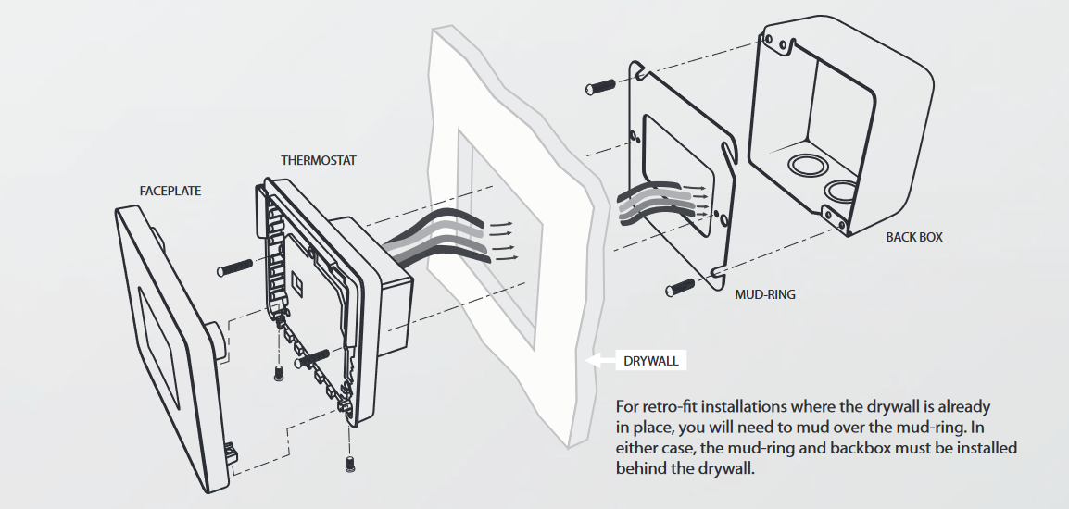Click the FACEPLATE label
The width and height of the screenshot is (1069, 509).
[170, 192]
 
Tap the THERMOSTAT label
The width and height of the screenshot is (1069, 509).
[319, 161]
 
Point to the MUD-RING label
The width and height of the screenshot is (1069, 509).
[764, 295]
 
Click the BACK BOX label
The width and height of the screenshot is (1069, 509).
[913, 237]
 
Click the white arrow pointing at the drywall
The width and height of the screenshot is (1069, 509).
[599, 360]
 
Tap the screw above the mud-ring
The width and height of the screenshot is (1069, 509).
[601, 88]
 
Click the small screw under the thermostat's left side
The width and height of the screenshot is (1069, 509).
[278, 374]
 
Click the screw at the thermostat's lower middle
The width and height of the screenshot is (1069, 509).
[312, 358]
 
